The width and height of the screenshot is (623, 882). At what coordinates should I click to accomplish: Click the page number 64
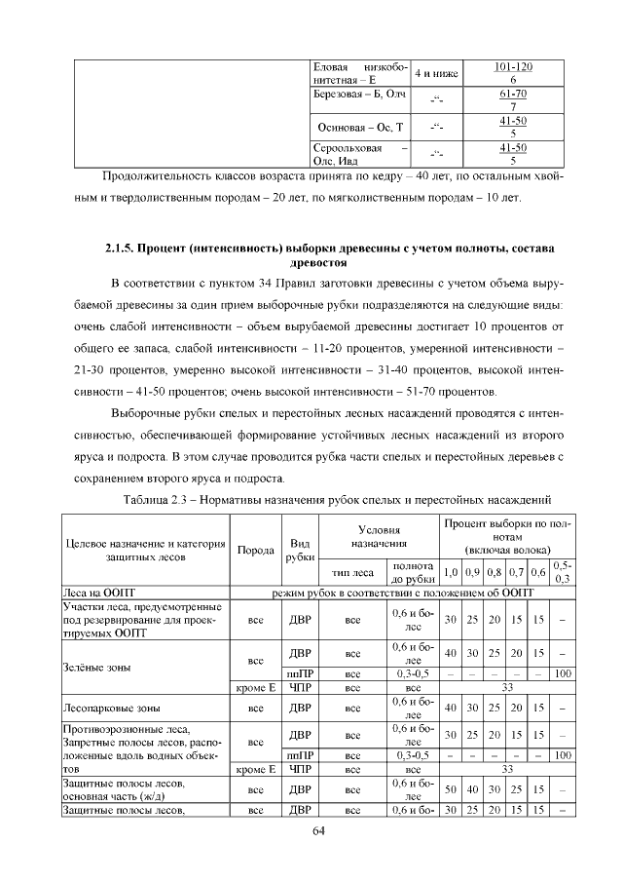point(317,830)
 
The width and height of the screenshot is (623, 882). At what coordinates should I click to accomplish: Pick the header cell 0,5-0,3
point(562,572)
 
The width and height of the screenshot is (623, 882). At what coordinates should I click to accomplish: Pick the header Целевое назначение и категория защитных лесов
point(145,549)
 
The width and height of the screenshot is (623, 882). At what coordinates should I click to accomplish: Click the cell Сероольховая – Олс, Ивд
point(352,155)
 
